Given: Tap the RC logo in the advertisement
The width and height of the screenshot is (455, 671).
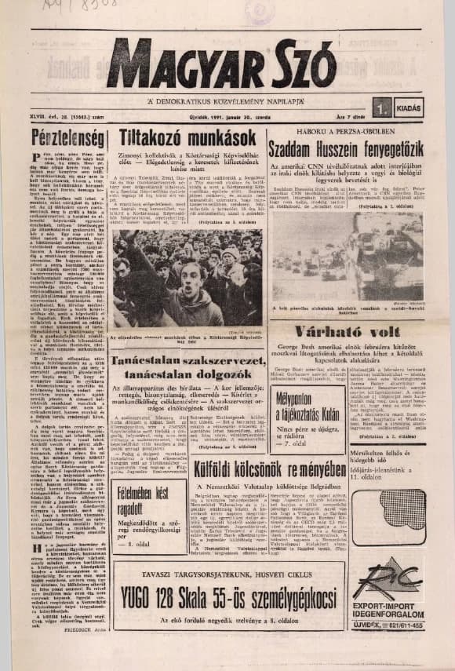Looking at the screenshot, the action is pos(388,578).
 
